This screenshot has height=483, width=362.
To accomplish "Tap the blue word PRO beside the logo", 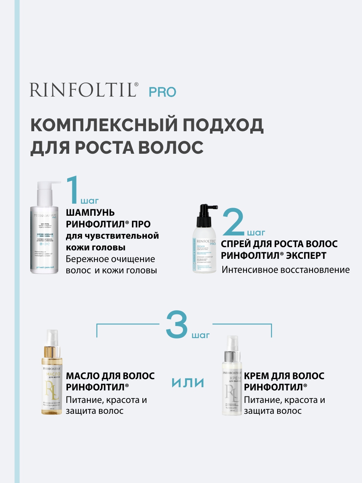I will [162, 92].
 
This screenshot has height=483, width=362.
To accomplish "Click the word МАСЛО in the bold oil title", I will [82, 376].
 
